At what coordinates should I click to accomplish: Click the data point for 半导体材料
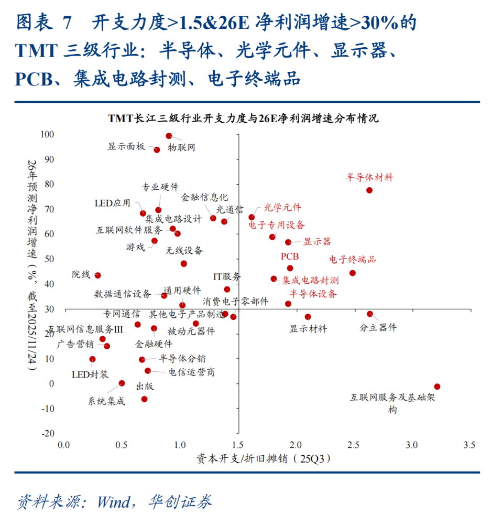(x=369, y=190)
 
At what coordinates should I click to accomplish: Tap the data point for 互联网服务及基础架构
(x=437, y=387)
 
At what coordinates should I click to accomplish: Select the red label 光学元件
(x=282, y=208)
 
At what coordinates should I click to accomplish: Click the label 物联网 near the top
(x=181, y=148)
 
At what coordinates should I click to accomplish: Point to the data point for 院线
(x=97, y=275)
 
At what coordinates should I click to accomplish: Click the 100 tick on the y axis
(x=47, y=135)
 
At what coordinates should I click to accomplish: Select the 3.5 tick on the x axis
(x=469, y=445)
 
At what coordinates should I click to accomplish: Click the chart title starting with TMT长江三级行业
(x=243, y=119)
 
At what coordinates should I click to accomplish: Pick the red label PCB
(x=290, y=257)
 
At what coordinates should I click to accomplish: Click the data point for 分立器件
(x=370, y=314)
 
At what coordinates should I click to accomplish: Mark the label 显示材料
(x=308, y=329)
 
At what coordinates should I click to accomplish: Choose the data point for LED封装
(x=92, y=359)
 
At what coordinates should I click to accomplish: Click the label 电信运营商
(x=191, y=372)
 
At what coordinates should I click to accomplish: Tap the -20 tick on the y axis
(x=47, y=433)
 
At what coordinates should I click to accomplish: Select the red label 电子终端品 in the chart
(x=352, y=260)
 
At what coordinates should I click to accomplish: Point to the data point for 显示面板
(x=157, y=150)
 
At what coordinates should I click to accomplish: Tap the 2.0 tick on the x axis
(x=296, y=445)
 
